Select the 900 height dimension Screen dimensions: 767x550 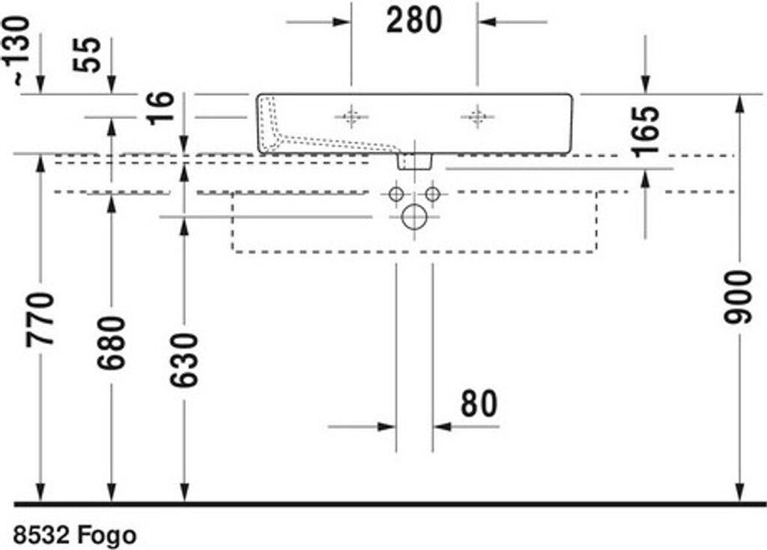click(738, 298)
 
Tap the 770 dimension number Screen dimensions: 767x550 click(40, 320)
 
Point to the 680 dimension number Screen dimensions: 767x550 click(112, 343)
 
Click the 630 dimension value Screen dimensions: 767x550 click(184, 361)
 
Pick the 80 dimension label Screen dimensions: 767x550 click(479, 404)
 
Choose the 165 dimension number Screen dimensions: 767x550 click(646, 132)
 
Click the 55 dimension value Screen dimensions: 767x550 click(87, 55)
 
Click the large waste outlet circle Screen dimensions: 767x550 click(414, 216)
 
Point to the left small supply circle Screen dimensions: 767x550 click(395, 194)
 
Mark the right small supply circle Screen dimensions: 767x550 click(432, 194)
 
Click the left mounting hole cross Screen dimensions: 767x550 click(351, 117)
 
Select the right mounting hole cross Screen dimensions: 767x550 click(477, 117)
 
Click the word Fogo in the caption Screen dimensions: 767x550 click(106, 535)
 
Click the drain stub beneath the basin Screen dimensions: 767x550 click(414, 161)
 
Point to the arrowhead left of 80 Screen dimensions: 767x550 click(386, 427)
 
